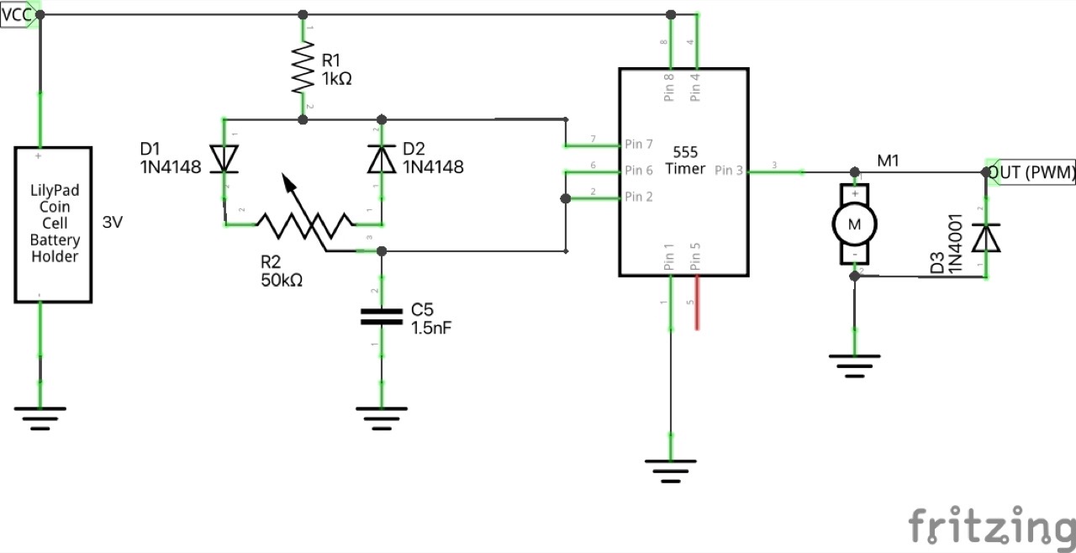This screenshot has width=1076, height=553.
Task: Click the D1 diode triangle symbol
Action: click(224, 159)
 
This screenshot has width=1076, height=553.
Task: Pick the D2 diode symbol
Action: click(382, 159)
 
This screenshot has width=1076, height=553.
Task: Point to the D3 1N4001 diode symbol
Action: click(986, 239)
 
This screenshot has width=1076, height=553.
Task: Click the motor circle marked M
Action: click(854, 224)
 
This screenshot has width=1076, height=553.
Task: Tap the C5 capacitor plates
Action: click(382, 316)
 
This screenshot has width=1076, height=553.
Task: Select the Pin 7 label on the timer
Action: click(639, 144)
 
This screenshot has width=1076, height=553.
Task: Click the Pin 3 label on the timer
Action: click(729, 171)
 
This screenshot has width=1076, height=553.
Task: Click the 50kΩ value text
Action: click(282, 280)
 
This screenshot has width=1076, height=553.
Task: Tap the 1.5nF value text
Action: click(431, 328)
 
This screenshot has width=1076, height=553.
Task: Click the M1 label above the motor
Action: click(889, 159)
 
